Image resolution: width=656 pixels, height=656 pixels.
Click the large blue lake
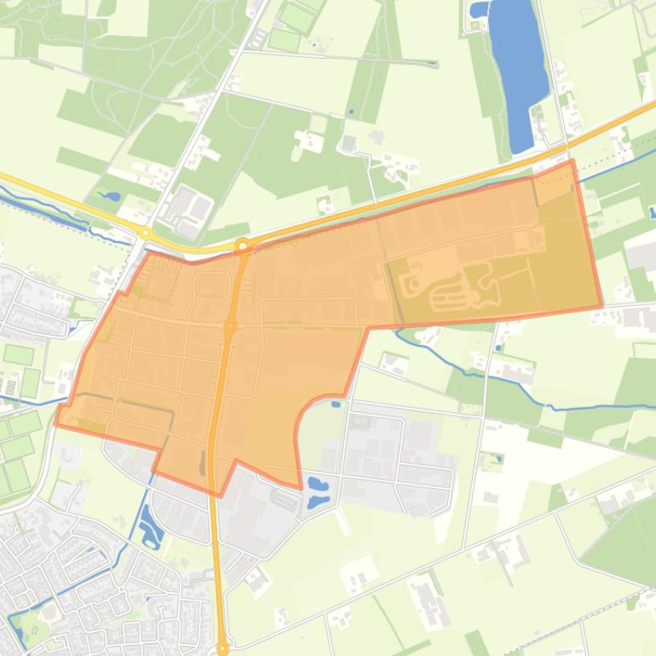point(518,68)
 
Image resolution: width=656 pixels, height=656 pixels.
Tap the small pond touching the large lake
point(480,10)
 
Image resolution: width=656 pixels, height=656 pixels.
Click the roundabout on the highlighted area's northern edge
point(243,247)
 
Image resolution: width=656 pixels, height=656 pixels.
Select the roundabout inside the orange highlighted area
point(230,325)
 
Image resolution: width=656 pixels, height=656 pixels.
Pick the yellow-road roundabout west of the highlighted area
point(146,232)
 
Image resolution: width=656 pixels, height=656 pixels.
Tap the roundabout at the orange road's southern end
point(223,648)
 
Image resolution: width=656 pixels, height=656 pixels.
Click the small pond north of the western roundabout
point(110,196)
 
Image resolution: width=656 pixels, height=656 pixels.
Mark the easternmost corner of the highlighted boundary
point(602,306)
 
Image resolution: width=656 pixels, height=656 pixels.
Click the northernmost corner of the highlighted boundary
point(572,160)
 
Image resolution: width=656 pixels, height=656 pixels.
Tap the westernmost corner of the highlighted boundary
point(56,423)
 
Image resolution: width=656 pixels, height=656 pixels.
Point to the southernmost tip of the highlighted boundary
point(221,495)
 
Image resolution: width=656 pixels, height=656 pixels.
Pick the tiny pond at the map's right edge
point(652,212)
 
